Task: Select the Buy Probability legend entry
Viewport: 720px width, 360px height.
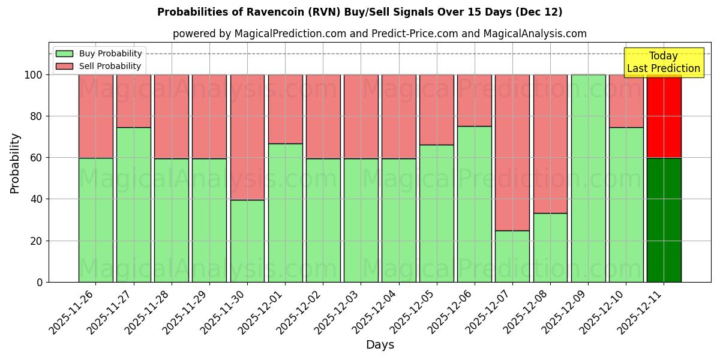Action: click(99, 53)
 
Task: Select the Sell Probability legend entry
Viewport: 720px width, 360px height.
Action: click(99, 66)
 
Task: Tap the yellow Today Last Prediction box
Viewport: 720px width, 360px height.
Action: click(663, 62)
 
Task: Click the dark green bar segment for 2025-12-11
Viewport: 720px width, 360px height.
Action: click(664, 220)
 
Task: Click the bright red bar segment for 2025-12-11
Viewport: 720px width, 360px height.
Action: click(664, 116)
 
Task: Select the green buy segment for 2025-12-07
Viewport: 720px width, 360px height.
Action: click(512, 256)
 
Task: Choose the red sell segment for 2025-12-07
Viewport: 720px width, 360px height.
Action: click(512, 152)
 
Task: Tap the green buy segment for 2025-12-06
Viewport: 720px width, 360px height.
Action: click(475, 204)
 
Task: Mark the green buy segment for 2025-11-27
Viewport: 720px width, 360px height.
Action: click(133, 205)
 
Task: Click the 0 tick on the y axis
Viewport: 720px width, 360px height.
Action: click(40, 282)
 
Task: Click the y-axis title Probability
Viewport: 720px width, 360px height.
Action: click(15, 163)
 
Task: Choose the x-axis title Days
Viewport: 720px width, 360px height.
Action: click(380, 345)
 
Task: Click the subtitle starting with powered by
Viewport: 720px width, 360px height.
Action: click(379, 34)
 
